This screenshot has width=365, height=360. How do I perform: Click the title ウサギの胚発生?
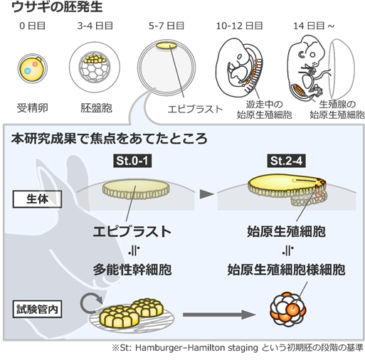tap(57, 7)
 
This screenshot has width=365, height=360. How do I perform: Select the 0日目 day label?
tap(32, 26)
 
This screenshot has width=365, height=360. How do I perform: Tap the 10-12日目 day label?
tap(239, 26)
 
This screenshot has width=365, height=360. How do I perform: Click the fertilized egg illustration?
tap(33, 68)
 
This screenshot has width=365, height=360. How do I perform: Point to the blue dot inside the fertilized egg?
tap(28, 70)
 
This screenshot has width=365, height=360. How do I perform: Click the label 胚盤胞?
tap(96, 108)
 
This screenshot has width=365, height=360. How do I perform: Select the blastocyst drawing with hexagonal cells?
tap(95, 68)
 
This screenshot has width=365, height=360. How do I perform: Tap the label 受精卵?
tap(33, 108)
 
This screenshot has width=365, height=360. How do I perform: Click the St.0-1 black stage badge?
tap(132, 161)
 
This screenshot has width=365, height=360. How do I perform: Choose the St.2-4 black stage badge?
tap(286, 161)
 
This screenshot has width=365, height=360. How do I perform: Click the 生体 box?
tap(37, 199)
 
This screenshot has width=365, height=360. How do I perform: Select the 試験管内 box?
tap(37, 309)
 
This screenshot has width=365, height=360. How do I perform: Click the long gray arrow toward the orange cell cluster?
tap(219, 314)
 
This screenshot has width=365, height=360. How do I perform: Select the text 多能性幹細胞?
tap(132, 270)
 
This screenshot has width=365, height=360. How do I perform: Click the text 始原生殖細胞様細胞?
tap(286, 270)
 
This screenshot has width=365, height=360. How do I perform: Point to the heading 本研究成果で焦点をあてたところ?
tap(110, 139)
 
